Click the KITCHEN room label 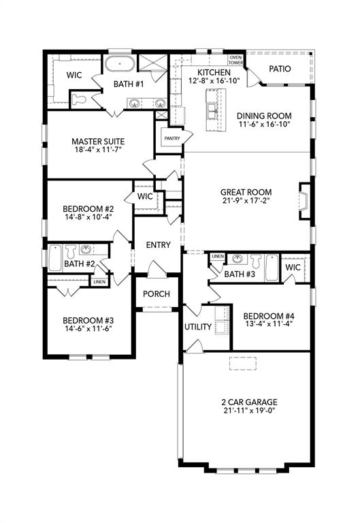pos(214,72)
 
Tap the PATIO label pos(280,69)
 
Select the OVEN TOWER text pos(235,60)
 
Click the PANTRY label pos(170,138)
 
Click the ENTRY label pos(158,245)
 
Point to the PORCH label pos(157,294)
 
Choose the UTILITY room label pos(198,327)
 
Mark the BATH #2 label pos(79,264)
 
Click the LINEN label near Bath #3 pos(217,256)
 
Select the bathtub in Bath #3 pos(272,268)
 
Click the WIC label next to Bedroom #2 pos(144,196)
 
